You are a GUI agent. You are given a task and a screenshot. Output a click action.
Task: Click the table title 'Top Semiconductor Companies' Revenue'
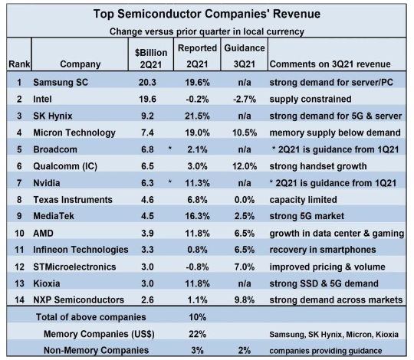point(207,14)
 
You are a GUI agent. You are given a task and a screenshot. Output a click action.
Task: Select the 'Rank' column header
point(19,64)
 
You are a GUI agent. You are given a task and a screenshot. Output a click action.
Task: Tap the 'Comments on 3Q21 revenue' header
point(330,64)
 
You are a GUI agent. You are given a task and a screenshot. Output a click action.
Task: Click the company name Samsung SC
point(61,82)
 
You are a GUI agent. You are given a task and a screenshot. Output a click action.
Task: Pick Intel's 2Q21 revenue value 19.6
point(148,99)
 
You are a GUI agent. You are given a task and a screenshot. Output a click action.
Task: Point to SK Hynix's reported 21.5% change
point(197,116)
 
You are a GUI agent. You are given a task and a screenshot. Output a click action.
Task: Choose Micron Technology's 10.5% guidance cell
point(245,133)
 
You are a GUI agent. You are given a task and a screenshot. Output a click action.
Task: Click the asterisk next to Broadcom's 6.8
point(170,149)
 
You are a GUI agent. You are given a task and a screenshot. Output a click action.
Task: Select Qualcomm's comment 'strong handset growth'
point(318,166)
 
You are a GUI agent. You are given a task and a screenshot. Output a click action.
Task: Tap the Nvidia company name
point(47,183)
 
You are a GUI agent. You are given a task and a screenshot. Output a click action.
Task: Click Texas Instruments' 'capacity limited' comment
point(303,200)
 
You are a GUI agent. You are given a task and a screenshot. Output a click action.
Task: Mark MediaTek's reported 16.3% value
point(197,216)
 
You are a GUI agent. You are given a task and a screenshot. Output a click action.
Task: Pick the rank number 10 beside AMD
point(19,234)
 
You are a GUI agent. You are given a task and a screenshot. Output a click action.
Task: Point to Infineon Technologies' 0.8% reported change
point(197,250)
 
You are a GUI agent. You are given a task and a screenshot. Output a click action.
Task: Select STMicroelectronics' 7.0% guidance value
point(245,267)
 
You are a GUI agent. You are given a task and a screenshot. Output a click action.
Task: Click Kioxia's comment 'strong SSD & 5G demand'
point(324,283)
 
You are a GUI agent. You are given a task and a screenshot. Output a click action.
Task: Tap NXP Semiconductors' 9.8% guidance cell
point(245,299)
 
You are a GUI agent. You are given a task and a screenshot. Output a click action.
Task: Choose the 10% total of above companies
point(197,317)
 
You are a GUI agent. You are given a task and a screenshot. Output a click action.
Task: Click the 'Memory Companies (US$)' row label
point(99,334)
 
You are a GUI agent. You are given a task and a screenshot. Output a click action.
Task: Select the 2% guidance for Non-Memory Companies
point(245,351)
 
